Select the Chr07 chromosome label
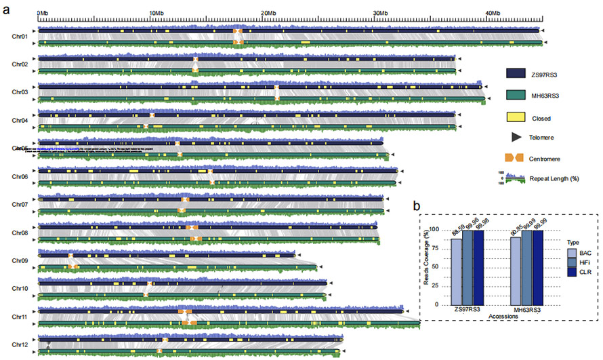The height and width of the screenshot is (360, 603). point(20,204)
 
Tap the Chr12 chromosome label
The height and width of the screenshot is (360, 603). point(20,344)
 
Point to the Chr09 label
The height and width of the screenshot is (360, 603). point(20,260)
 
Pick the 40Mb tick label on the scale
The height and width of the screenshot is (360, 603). point(493,13)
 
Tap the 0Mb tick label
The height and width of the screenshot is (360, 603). point(41,13)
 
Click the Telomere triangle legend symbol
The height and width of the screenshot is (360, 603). point(517,138)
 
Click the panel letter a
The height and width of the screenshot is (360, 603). point(6,8)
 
